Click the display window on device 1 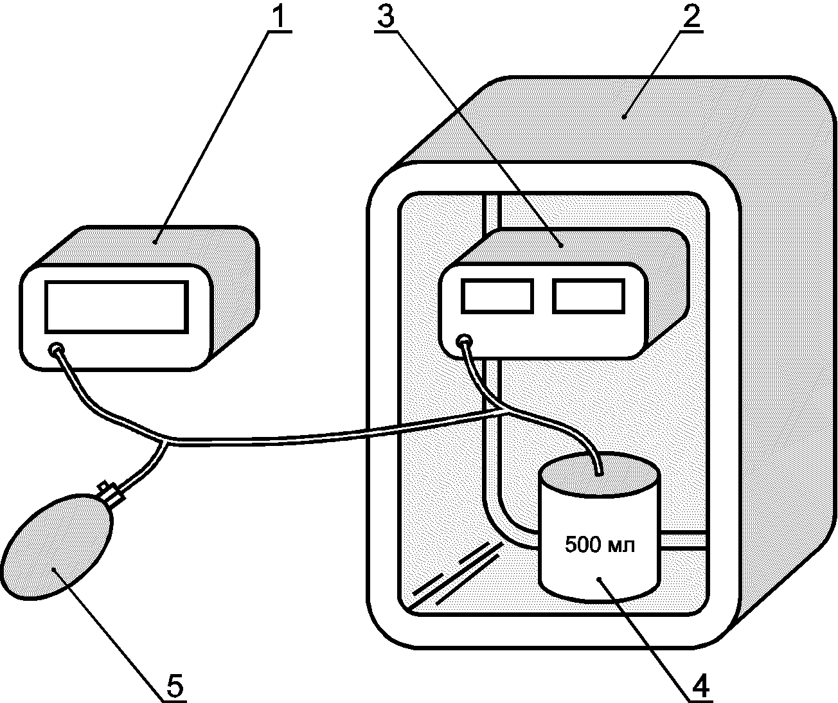coord(116,307)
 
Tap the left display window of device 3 coord(497,296)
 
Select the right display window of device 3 coord(589,296)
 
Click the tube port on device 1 coord(56,350)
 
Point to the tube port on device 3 coord(465,342)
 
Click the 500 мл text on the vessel coord(600,545)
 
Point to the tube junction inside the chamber coord(502,411)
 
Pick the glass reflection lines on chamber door coord(454,574)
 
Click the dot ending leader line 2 coord(624,117)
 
